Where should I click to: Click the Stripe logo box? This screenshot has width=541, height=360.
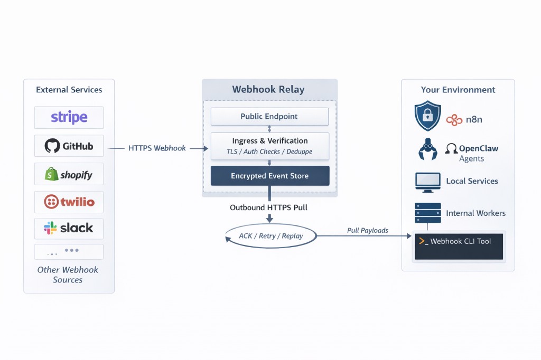tap(69, 117)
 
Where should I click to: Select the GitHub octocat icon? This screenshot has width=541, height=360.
tap(52, 146)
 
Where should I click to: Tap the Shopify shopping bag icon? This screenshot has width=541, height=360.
tap(51, 174)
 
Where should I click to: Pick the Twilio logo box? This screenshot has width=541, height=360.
tap(69, 202)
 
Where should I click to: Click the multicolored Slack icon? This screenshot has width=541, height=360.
tap(50, 228)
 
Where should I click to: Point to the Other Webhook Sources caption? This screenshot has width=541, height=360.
tap(68, 274)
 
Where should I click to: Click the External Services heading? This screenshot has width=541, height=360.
tap(69, 90)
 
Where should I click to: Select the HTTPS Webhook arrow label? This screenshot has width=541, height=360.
tap(157, 148)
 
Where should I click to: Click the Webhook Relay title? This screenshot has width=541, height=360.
tap(268, 89)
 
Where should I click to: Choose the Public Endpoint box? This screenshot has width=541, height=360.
tap(269, 117)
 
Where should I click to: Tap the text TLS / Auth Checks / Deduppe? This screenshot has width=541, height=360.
tap(269, 151)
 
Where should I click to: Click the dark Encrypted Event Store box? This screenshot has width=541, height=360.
tap(269, 176)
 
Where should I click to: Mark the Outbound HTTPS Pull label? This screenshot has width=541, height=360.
tap(268, 207)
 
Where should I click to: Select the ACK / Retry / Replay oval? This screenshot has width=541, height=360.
tap(270, 235)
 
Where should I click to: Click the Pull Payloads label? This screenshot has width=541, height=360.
tap(367, 230)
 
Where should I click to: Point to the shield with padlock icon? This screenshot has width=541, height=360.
tap(427, 116)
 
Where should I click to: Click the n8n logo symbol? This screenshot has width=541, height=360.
tap(454, 120)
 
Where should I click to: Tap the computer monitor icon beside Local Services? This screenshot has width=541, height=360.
tap(427, 181)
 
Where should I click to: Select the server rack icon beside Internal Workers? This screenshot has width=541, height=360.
tap(427, 213)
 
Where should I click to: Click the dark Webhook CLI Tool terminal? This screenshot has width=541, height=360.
tap(458, 245)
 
